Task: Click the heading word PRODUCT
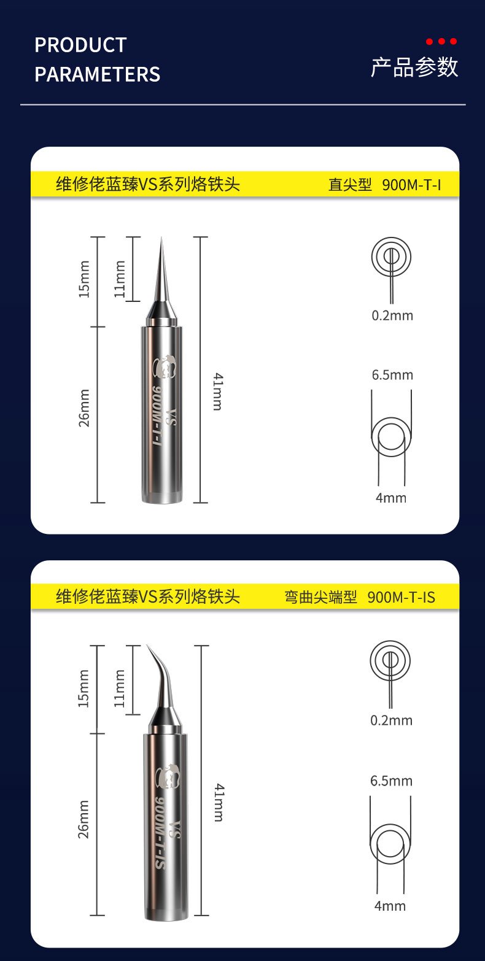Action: pyautogui.click(x=80, y=45)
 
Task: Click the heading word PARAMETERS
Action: pyautogui.click(x=98, y=74)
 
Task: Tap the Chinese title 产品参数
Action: pyautogui.click(x=414, y=68)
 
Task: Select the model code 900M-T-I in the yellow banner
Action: pyautogui.click(x=411, y=185)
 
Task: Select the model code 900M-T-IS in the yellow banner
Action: pyautogui.click(x=402, y=597)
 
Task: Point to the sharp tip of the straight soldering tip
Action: pyautogui.click(x=161, y=237)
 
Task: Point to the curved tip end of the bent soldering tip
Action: pyautogui.click(x=147, y=646)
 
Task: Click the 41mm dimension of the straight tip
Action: pyautogui.click(x=218, y=392)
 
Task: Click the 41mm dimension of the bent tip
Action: pyautogui.click(x=219, y=802)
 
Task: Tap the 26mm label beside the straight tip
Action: pyautogui.click(x=84, y=408)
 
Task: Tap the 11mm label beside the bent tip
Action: pyautogui.click(x=119, y=689)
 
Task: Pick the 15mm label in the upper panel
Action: pyautogui.click(x=84, y=279)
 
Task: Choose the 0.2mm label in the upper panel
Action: pyautogui.click(x=392, y=316)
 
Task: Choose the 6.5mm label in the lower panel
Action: pyautogui.click(x=392, y=781)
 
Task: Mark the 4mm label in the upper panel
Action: pyautogui.click(x=391, y=498)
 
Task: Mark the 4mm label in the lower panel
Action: pyautogui.click(x=390, y=906)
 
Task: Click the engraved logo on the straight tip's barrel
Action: pyautogui.click(x=165, y=367)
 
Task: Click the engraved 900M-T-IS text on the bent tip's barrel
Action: pyautogui.click(x=160, y=833)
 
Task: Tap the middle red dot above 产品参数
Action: pyautogui.click(x=441, y=42)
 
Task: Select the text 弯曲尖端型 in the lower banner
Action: pyautogui.click(x=320, y=597)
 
